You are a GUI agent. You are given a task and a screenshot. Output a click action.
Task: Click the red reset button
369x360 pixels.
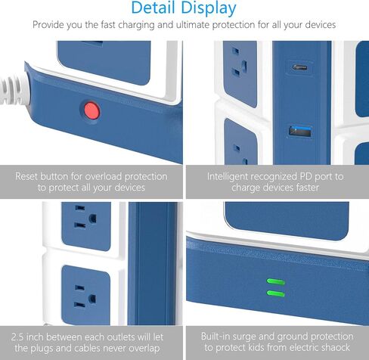pos(91,110)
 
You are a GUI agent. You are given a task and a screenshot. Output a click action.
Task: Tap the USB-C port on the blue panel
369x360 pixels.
pos(299,67)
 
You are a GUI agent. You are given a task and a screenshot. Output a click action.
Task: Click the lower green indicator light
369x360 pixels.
pos(275,292)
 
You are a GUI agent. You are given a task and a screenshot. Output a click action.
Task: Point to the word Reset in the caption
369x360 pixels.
pos(30,176)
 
